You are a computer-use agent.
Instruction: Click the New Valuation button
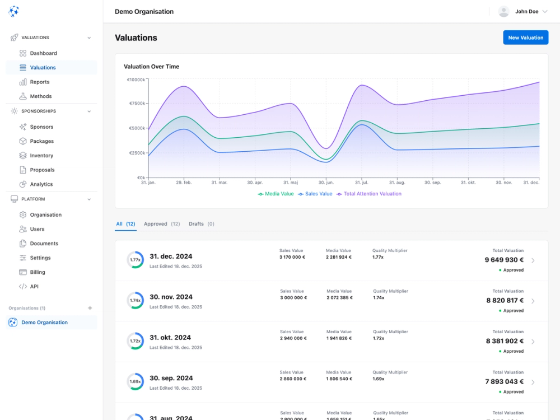pos(525,38)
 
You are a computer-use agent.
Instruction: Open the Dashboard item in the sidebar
pos(43,53)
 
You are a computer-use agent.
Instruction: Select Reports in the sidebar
pos(40,82)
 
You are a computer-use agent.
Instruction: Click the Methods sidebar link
pos(41,96)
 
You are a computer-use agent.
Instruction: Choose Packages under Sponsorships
pos(42,141)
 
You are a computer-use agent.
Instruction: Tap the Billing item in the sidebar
pos(38,272)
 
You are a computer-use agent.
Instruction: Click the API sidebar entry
pos(34,286)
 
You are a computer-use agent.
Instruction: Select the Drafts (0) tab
pos(201,224)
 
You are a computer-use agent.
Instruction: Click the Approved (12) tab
pos(162,224)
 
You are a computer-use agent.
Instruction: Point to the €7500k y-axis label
pos(137,104)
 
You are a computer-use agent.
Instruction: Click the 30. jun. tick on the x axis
pos(326,183)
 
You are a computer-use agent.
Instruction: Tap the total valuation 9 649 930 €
pos(504,260)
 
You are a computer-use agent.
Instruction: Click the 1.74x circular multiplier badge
pos(135,300)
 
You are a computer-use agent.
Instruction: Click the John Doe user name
pos(526,11)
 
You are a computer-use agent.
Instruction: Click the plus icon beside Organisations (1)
pos(90,308)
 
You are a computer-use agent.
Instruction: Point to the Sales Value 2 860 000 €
pos(293,379)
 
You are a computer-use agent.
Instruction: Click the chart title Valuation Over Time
pos(151,67)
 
